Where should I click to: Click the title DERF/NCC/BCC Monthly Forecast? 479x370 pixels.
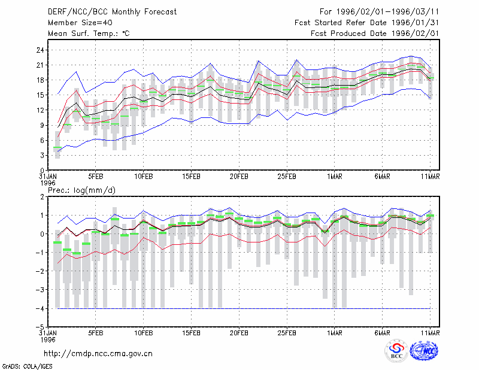112,12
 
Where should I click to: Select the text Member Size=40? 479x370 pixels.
80,23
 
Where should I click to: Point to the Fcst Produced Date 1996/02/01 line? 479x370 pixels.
375,34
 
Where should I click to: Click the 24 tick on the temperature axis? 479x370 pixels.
40,50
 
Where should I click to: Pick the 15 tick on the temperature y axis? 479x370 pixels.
40,95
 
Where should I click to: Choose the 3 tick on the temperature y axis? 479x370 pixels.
43,156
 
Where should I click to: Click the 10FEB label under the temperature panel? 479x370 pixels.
144,177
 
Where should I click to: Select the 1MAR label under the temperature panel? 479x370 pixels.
335,177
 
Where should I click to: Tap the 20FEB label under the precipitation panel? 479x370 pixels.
239,333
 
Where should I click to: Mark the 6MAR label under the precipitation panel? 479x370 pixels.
382,333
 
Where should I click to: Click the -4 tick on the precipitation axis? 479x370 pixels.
40,308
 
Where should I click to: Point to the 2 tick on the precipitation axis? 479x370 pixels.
43,197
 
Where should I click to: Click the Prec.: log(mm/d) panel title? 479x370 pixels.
81,190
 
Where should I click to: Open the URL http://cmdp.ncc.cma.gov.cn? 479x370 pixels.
98,354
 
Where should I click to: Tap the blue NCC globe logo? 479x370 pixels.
424,351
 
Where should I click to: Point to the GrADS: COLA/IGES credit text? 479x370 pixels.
28,366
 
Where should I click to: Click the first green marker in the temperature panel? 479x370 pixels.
57,147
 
